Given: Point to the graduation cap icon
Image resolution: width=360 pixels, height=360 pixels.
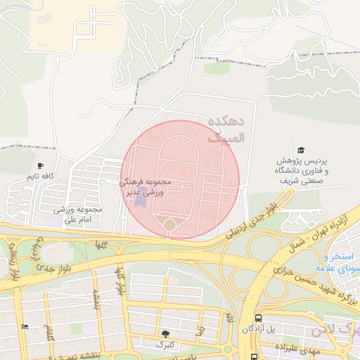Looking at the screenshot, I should (301, 150).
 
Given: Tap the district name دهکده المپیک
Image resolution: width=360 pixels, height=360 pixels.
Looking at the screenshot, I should (229, 130).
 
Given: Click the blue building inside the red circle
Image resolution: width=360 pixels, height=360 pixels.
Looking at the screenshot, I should (141, 201).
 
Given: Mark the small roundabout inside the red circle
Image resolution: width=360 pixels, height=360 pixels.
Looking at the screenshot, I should (169, 224).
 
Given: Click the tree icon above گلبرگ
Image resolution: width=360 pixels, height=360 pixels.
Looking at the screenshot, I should (165, 333).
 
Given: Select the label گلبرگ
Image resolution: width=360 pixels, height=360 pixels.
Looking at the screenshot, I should (165, 345).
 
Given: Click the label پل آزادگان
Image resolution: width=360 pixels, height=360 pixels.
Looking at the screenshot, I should (258, 329).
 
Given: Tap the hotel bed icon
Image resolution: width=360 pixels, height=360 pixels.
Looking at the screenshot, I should (25, 326).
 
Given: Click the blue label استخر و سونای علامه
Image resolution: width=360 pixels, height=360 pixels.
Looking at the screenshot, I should (342, 262).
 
